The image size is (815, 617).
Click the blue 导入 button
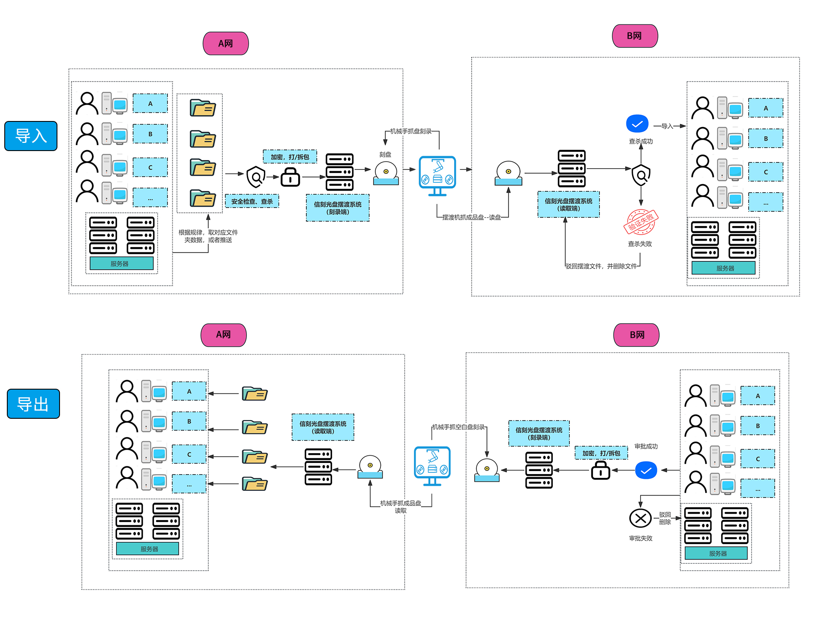31,136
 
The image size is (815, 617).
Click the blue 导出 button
33,404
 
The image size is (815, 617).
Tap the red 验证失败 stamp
641,222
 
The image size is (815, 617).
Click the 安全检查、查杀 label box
252,201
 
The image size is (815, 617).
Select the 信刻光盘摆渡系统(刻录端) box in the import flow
338,208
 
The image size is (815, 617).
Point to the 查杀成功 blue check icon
637,124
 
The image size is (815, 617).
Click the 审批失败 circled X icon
640,518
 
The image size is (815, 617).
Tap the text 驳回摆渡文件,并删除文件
601,266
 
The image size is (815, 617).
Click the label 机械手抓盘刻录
410,131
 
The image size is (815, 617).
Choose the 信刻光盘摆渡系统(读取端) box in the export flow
323,427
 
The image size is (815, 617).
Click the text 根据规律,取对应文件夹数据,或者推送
208,236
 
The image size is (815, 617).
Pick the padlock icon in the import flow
290,177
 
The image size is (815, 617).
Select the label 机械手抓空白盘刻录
458,427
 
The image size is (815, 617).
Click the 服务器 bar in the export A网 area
147,549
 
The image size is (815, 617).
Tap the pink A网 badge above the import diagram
226,43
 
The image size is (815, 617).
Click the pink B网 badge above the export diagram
636,335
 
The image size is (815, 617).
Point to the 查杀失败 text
640,244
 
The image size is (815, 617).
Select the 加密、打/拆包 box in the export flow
601,453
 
